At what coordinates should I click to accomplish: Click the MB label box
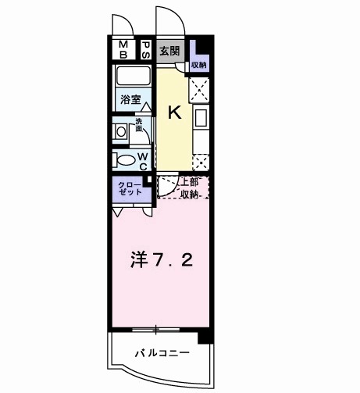point(123,50)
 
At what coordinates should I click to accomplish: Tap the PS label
point(145,50)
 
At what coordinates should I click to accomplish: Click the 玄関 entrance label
point(169,51)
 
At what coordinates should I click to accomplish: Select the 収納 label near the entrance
point(199,66)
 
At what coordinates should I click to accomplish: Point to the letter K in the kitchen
point(175,113)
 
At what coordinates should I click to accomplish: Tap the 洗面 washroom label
point(139,123)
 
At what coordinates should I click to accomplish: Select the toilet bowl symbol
point(125,159)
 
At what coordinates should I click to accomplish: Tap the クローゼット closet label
point(126,188)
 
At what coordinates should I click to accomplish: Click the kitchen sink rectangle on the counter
point(199,119)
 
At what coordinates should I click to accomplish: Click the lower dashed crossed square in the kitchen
point(200,161)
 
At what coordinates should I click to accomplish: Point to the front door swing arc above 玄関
point(167,20)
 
